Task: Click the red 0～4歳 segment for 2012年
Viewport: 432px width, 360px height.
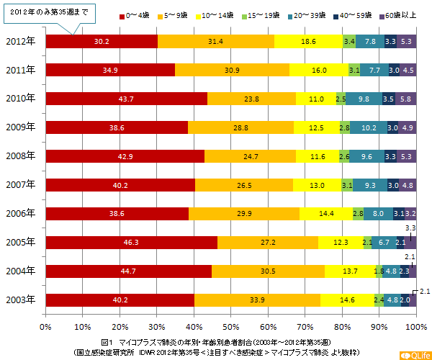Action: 102,42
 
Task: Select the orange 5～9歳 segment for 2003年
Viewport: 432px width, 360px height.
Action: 257,300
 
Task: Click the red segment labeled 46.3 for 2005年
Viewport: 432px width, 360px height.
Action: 131,243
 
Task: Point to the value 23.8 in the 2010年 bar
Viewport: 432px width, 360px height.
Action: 251,99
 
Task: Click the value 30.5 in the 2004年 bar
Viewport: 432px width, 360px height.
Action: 268,271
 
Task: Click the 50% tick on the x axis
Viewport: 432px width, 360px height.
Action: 230,326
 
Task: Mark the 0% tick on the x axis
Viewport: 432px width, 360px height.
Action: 45,326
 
